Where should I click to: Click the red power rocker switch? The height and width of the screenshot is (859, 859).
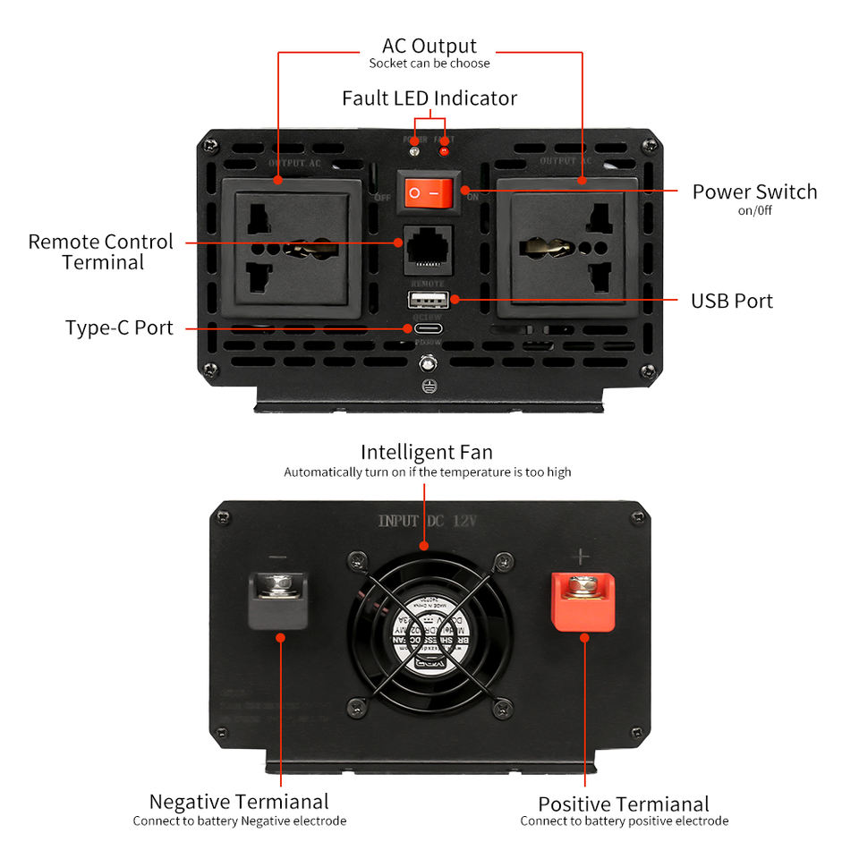424,191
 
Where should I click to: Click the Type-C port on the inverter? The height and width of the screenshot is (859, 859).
428,327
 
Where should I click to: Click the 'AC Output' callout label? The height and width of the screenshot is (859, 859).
429,46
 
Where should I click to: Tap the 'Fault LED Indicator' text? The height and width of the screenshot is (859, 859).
429,98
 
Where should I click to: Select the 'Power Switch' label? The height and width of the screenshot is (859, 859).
754,191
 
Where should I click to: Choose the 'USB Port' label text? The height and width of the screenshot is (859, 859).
731,301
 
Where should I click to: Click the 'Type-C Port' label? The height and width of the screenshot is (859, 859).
119,327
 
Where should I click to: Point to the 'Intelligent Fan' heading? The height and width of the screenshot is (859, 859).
427,452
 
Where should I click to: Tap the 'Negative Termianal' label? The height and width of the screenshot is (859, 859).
239,802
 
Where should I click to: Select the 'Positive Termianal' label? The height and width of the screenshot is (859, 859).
624,804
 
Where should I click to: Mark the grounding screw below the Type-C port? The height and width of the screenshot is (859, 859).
429,363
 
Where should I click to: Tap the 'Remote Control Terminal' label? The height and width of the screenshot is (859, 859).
100,251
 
